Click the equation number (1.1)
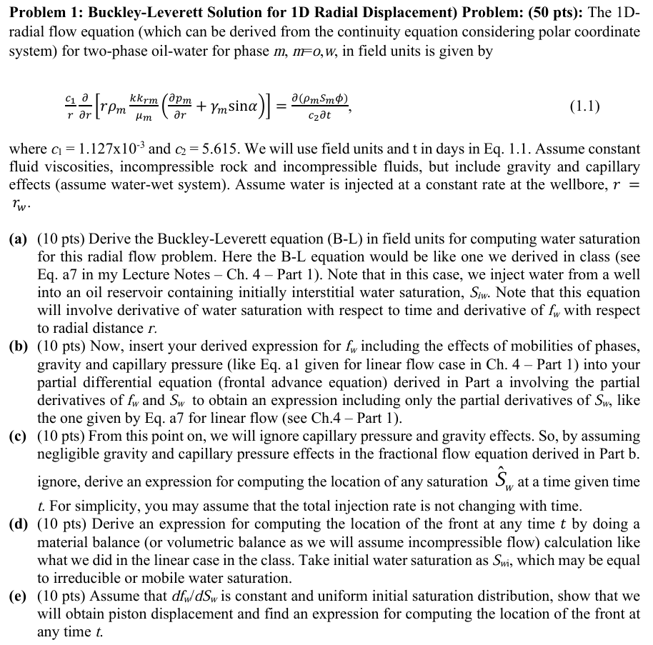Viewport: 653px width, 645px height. point(584,107)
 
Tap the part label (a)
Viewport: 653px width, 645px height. point(18,239)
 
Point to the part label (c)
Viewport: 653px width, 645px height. point(18,436)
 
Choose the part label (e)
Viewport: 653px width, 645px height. point(18,596)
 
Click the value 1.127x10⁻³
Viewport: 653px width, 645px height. point(103,150)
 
